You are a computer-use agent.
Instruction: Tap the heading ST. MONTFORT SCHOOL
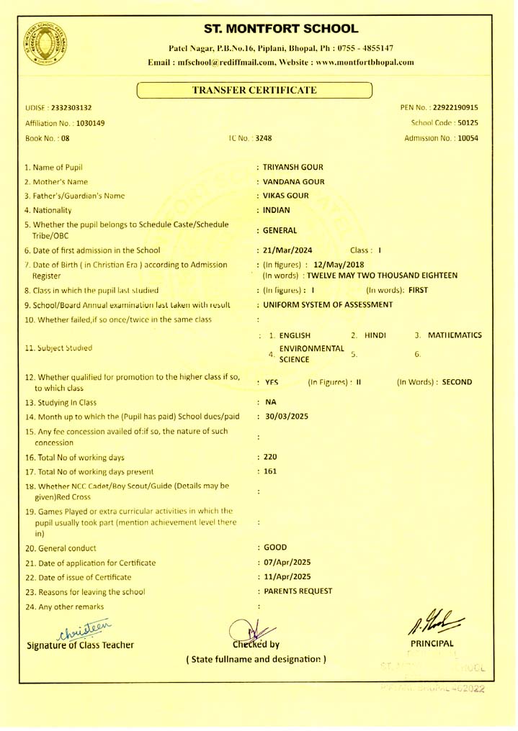280,29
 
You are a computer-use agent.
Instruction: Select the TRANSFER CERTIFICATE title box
254,90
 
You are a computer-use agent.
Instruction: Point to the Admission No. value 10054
463,137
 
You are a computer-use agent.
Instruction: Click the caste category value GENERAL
281,230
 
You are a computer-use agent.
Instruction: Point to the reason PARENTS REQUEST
298,591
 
